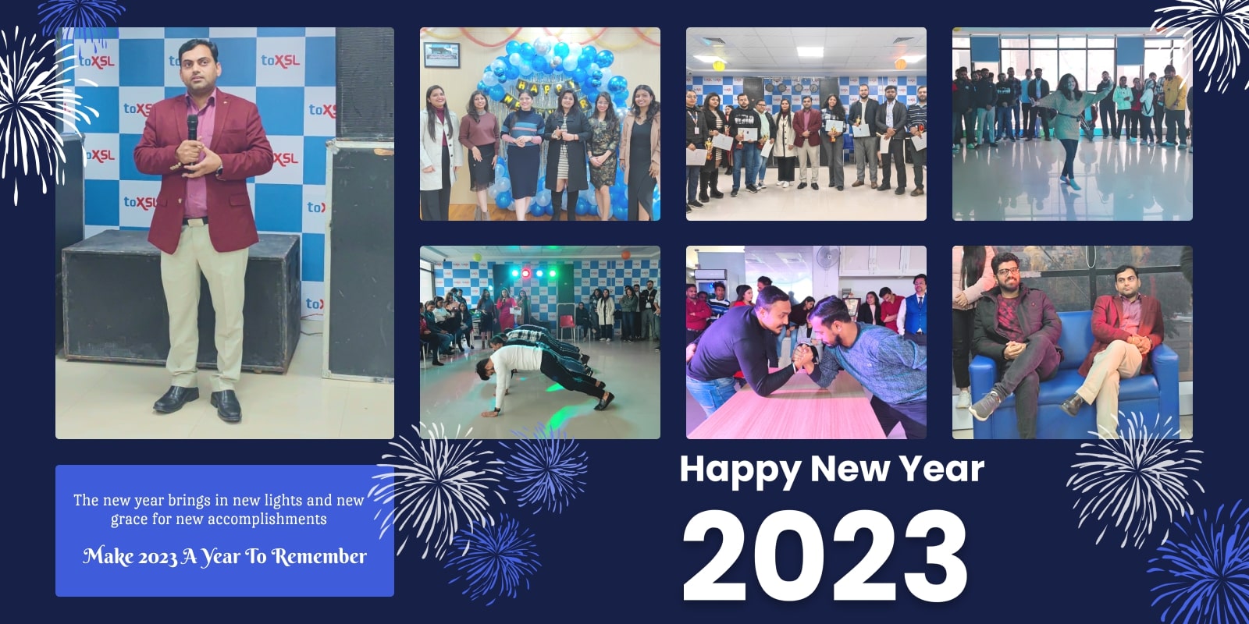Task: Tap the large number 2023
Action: (824, 556)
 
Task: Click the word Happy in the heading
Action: (740, 470)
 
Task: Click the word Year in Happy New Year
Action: (941, 470)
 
